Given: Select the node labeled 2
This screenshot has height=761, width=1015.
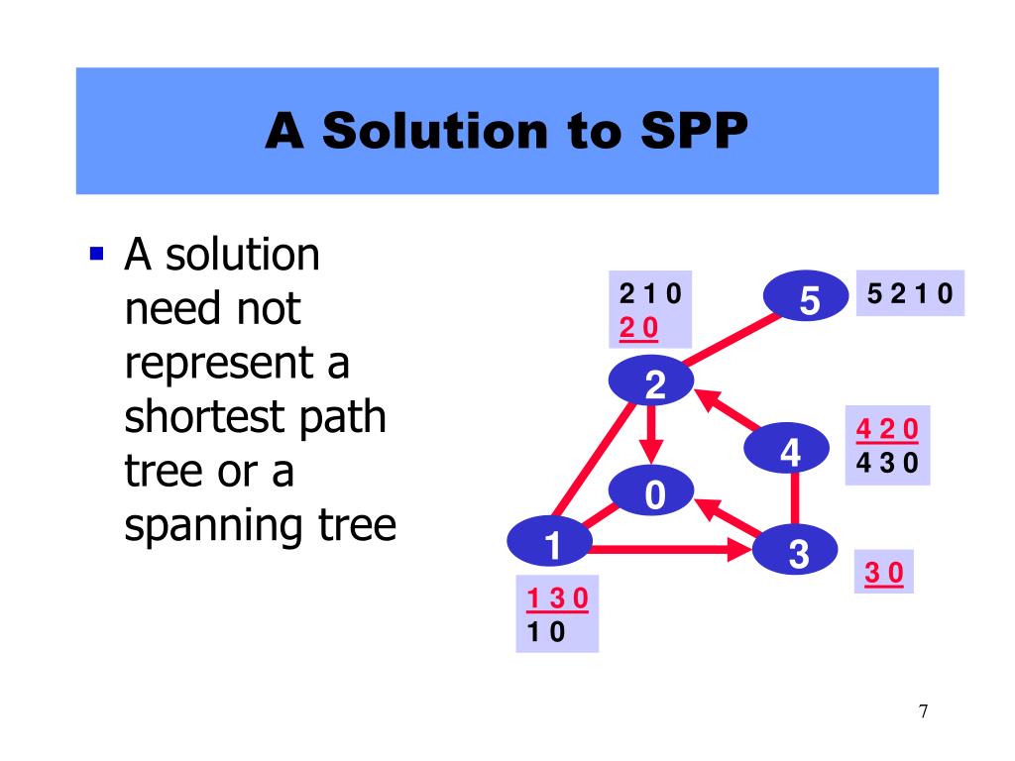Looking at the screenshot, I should (x=652, y=382).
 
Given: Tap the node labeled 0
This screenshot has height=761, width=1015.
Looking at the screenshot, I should (x=652, y=492).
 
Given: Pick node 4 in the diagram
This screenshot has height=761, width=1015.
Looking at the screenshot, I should (x=789, y=451).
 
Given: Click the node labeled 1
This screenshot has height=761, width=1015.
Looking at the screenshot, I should (x=551, y=542).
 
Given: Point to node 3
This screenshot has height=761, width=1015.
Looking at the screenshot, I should (x=798, y=552).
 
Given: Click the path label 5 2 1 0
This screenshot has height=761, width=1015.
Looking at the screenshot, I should (x=909, y=293).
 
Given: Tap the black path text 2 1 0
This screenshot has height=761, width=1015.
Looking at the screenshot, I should (x=653, y=294).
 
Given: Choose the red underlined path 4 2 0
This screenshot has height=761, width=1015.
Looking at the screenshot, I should (x=887, y=429).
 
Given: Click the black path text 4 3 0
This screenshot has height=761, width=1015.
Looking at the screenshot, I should (x=887, y=462).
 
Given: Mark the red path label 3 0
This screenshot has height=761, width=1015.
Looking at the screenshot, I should (x=884, y=574).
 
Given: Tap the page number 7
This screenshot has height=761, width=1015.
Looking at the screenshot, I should (x=923, y=711).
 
